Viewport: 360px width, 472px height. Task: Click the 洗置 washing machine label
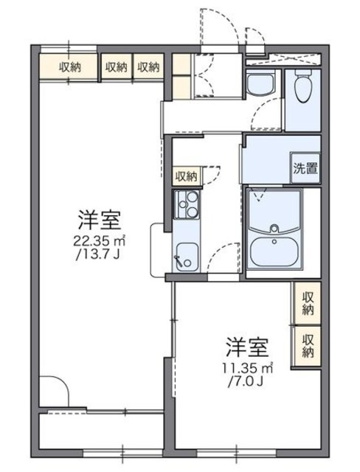point(307,167)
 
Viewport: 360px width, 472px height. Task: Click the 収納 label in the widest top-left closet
point(71,67)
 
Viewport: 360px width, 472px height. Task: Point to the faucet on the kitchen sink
point(178,260)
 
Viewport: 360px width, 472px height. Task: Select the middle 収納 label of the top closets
point(116,67)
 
